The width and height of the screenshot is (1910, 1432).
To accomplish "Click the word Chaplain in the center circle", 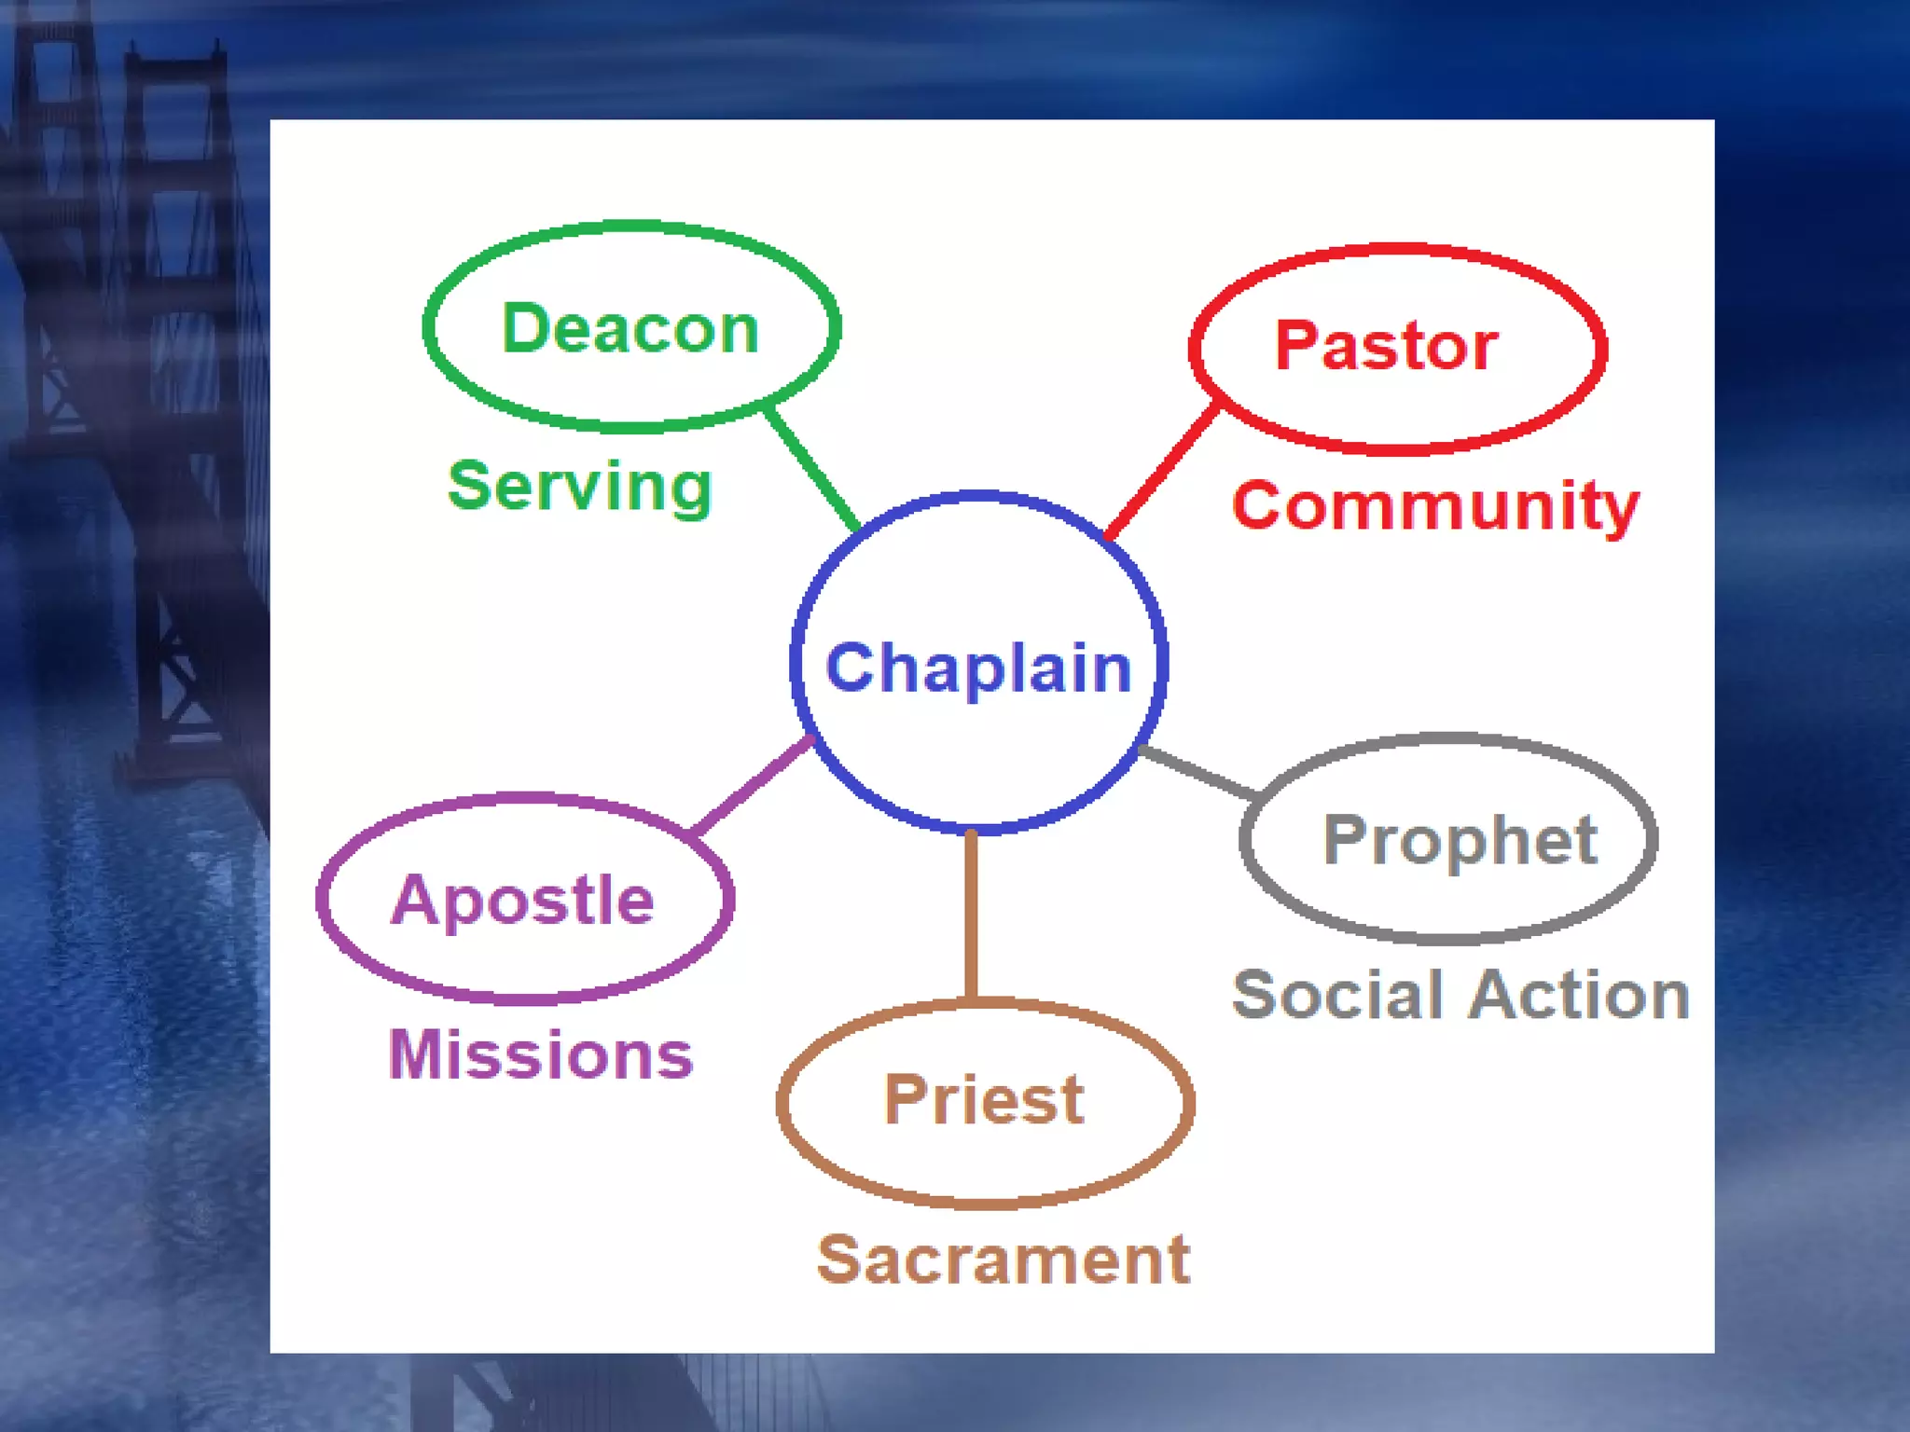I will click(x=978, y=668).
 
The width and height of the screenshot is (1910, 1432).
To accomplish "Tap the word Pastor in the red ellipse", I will click(x=1386, y=346).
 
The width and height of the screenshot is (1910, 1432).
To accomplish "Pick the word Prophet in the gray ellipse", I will click(x=1460, y=840).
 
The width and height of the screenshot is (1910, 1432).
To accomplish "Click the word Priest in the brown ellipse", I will click(x=984, y=1099).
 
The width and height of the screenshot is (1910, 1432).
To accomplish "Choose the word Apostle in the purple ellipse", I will click(x=522, y=900).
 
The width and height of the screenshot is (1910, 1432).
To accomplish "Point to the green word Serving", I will click(x=579, y=487).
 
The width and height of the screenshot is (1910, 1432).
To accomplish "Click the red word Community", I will click(x=1434, y=506).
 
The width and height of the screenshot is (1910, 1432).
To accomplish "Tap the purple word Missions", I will click(x=541, y=1054).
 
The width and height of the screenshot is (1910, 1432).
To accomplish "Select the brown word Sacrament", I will click(x=1003, y=1260).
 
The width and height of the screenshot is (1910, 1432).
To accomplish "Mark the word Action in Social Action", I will click(x=1581, y=995).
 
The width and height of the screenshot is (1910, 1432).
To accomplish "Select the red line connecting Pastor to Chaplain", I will click(x=1162, y=471).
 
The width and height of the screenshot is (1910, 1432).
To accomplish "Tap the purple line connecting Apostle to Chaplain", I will click(x=752, y=785).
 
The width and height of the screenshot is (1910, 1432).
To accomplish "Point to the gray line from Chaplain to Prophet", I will click(x=1199, y=773).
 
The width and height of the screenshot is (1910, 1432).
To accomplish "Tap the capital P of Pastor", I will click(x=1296, y=345).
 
